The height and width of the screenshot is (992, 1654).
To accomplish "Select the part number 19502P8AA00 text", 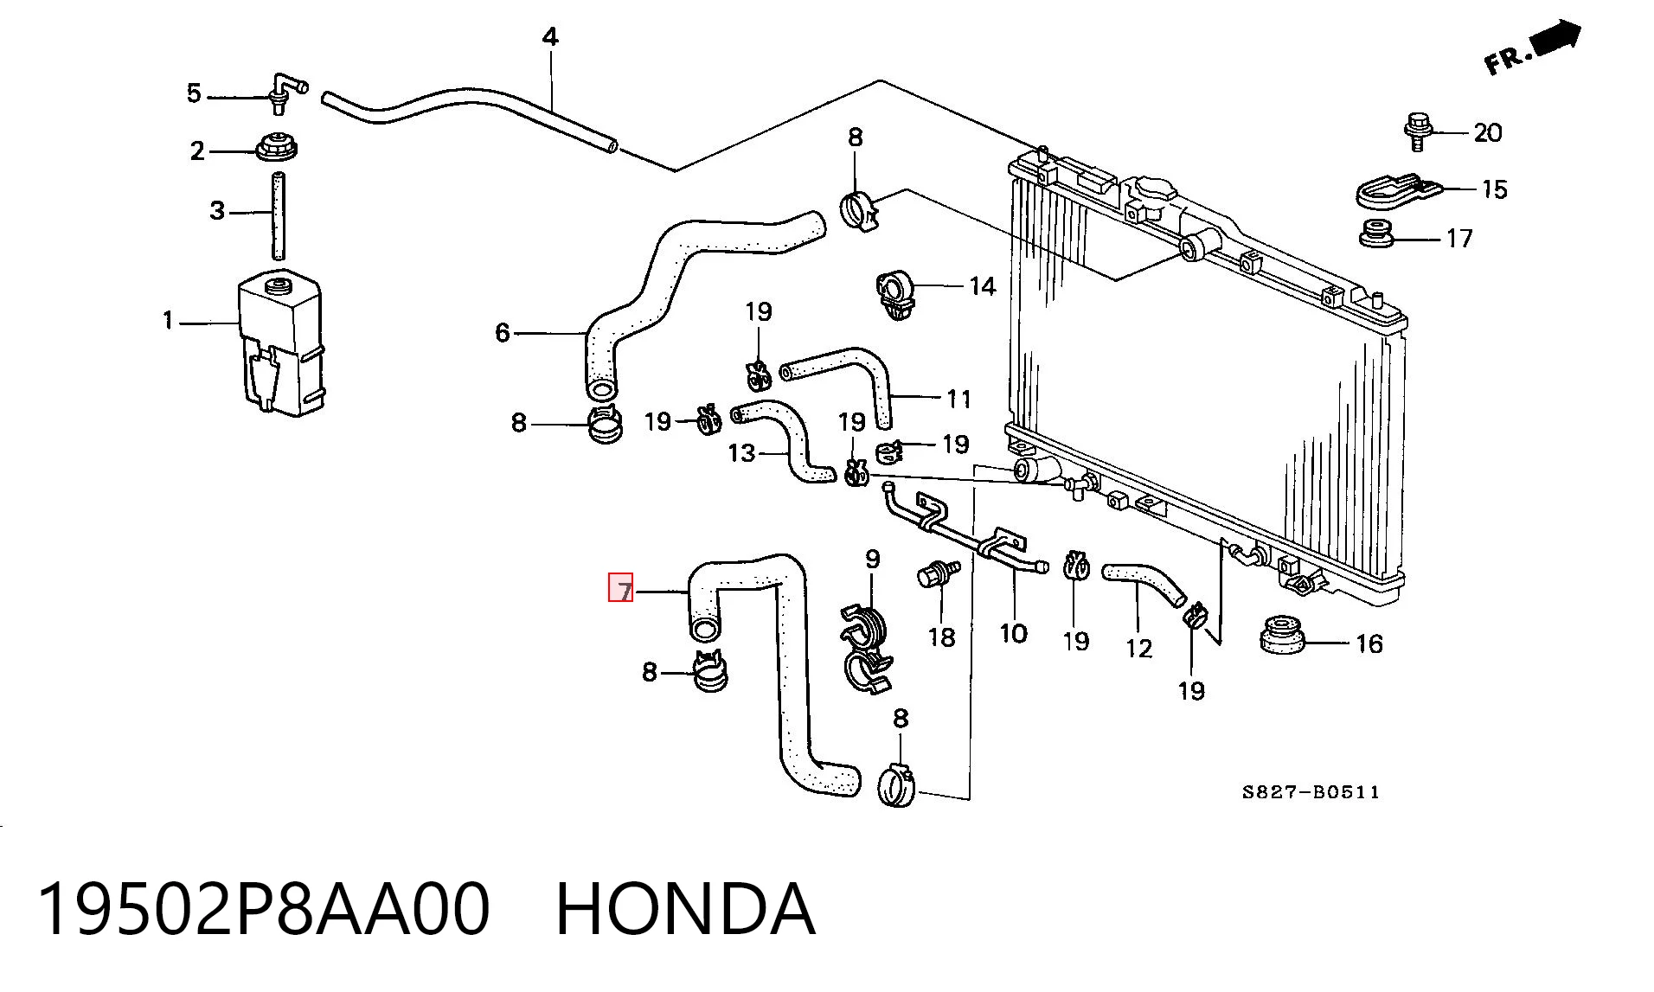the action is coord(264,909).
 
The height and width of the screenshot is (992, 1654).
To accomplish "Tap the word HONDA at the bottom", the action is coord(685,909).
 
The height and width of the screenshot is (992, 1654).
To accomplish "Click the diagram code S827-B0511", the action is coord(1311,791).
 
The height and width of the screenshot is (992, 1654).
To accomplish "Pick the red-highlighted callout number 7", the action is coord(621,587).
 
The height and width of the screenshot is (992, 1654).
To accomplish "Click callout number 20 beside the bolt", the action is coord(1487,132).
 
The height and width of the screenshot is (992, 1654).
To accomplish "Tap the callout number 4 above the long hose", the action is coord(550,37).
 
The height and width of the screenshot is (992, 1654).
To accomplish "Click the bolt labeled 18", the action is coord(939,573).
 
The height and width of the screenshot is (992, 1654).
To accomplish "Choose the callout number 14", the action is coord(982,285).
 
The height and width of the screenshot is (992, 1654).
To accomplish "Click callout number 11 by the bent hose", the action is coord(958,399).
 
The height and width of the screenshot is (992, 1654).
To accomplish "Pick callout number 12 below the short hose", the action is coord(1138,648).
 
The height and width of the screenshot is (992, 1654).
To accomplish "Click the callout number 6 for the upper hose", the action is coord(503,332).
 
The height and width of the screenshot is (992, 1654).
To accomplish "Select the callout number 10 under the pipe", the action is coord(1013,633).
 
